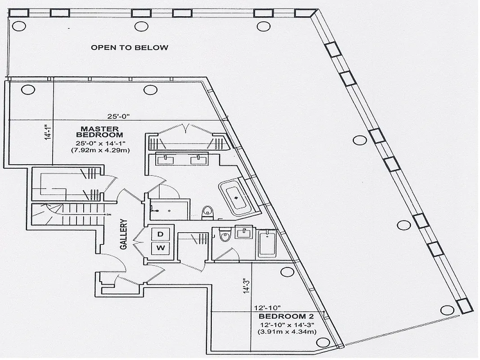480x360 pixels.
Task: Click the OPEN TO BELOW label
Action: click(130, 47)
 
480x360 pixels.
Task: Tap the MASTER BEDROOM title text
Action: click(100, 131)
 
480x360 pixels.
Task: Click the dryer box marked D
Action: click(160, 234)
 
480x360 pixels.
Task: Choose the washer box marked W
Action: click(160, 247)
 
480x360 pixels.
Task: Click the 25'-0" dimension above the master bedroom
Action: click(118, 116)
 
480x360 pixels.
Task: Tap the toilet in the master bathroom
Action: click(207, 211)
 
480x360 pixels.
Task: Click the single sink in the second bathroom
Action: click(244, 232)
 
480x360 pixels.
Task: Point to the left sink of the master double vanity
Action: click(166, 159)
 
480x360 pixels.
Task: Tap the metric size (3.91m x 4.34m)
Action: click(287, 332)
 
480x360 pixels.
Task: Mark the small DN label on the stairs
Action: click(108, 215)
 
